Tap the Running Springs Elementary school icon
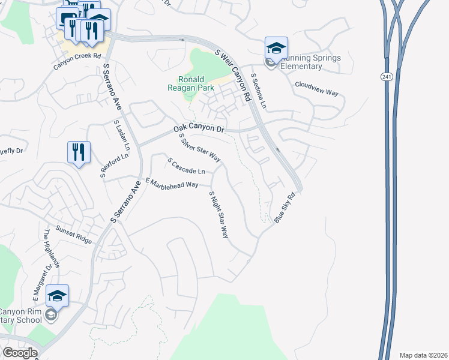[x=276, y=49]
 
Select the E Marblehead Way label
[x=172, y=183]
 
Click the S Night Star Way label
[x=218, y=215]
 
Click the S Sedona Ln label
[x=259, y=91]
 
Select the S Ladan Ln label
[x=122, y=135]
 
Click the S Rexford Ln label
[x=114, y=165]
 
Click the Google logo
[x=20, y=353]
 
